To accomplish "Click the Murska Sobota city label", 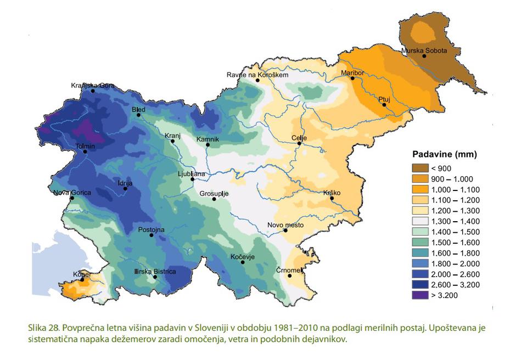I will (x=424, y=50).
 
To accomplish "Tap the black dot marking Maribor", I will (x=353, y=78).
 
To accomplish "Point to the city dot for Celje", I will (x=299, y=143).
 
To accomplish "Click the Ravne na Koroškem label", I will (x=257, y=75).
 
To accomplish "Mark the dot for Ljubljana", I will (x=192, y=179).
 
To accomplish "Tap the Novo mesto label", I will (x=285, y=224).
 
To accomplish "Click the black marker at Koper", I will (x=82, y=280).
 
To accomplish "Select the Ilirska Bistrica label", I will (x=155, y=271).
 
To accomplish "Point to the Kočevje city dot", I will (x=242, y=262).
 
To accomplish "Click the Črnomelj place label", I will (x=289, y=269).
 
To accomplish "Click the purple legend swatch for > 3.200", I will (x=422, y=295).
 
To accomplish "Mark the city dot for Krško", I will (x=332, y=200).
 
